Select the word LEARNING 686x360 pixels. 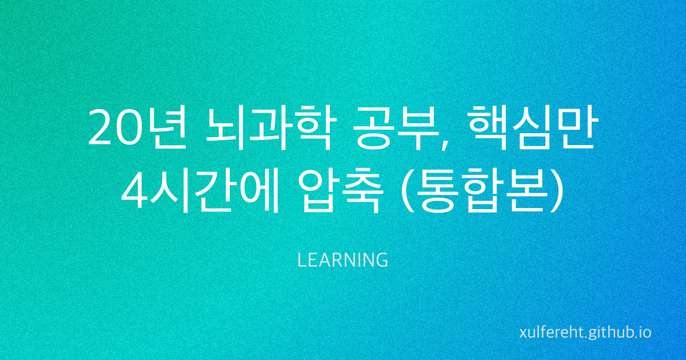tap(343, 261)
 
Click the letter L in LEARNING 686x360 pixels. tap(301, 261)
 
